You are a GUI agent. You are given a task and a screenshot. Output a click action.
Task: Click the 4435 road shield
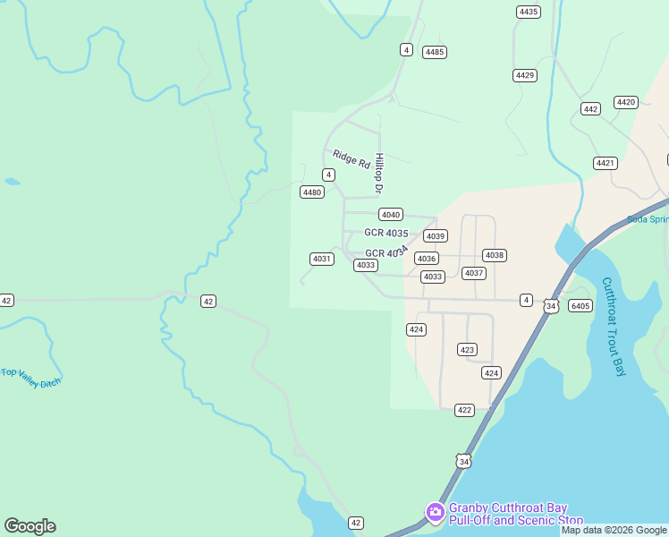[529, 12]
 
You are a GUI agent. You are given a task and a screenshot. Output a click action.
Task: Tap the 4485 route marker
[435, 52]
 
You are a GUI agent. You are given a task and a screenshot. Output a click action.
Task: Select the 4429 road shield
[525, 75]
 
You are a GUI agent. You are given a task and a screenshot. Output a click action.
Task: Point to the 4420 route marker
[626, 102]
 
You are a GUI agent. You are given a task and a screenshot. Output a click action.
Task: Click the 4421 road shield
[605, 163]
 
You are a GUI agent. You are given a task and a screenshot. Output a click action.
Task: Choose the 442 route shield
[590, 109]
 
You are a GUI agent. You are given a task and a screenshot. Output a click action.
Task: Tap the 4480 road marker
[312, 192]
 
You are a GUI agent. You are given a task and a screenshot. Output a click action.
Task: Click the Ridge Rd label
[351, 159]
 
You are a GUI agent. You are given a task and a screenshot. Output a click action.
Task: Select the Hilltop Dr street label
[379, 174]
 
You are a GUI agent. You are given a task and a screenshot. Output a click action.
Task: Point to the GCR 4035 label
[386, 233]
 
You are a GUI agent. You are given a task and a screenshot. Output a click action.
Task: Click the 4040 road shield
[391, 215]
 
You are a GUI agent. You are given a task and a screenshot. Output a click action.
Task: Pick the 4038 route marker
[495, 255]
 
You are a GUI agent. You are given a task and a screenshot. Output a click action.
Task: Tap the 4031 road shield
[322, 259]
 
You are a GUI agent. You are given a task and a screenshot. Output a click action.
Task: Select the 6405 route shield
[580, 306]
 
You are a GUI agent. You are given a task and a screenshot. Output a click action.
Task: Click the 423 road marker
[467, 349]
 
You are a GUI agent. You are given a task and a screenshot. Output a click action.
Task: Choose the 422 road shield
[464, 410]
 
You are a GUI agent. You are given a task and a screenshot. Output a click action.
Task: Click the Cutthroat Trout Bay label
[614, 326]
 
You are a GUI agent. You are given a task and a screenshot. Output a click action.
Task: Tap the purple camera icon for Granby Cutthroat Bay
[436, 512]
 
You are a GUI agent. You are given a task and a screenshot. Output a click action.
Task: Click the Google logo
[30, 526]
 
